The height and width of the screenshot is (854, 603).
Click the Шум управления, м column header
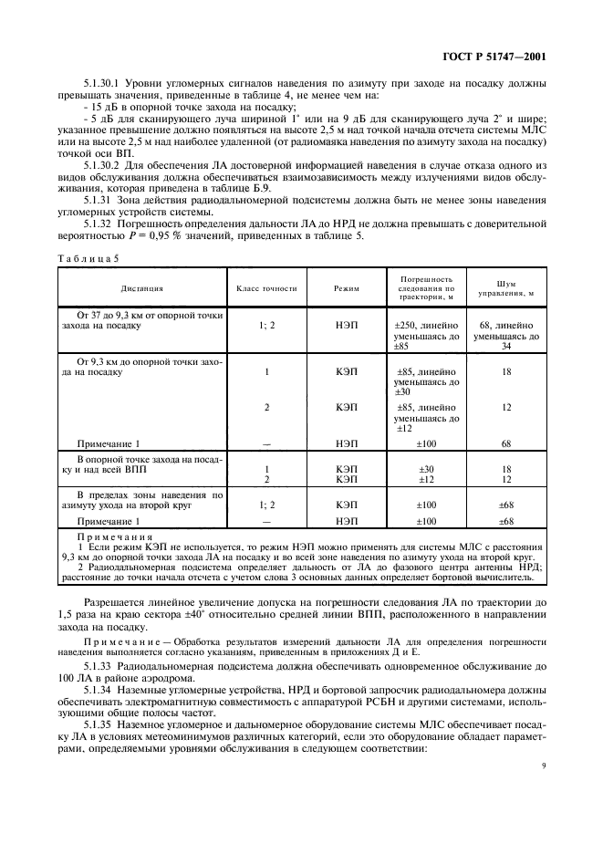coord(506,288)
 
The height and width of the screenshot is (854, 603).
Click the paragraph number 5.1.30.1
coord(104,84)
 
